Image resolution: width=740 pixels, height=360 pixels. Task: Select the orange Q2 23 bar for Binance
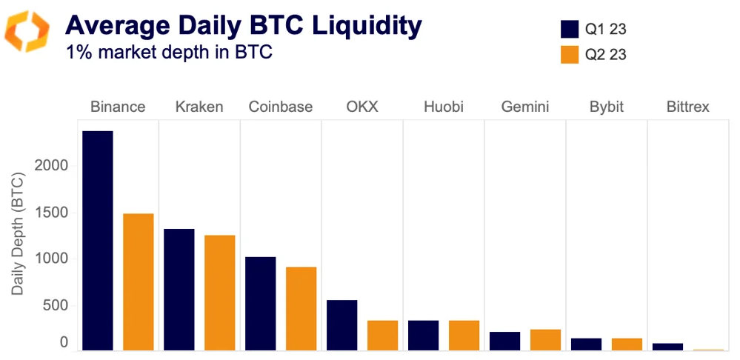139,281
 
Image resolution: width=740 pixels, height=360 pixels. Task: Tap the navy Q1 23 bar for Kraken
179,289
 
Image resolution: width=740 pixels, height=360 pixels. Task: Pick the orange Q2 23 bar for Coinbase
301,308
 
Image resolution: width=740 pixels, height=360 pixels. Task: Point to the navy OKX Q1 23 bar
342,324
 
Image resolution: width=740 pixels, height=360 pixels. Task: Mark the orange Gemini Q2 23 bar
546,339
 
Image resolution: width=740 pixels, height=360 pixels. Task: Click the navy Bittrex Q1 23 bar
667,346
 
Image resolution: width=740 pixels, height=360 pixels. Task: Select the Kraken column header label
199,107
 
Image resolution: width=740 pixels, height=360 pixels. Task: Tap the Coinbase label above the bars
281,107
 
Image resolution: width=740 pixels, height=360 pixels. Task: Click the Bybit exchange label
606,107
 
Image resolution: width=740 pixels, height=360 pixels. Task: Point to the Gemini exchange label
524,107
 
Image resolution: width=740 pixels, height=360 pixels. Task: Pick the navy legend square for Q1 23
569,29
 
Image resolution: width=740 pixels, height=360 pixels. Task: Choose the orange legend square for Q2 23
569,54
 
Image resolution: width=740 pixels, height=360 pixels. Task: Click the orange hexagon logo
27,32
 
